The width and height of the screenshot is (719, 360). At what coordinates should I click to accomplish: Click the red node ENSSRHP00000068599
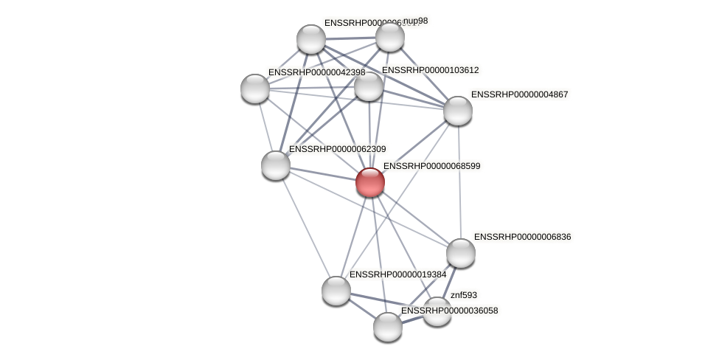pyautogui.click(x=369, y=182)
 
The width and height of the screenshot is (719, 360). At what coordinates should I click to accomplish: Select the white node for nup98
pyautogui.click(x=389, y=37)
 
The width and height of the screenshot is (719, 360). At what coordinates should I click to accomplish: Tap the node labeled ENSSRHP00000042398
pyautogui.click(x=255, y=89)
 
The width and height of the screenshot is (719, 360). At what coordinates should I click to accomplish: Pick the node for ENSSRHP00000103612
pyautogui.click(x=369, y=86)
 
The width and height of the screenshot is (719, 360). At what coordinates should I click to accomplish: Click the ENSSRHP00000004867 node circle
pyautogui.click(x=457, y=111)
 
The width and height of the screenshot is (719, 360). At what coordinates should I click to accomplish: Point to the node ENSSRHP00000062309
pyautogui.click(x=276, y=165)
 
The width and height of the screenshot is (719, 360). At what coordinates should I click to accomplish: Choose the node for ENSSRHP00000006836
pyautogui.click(x=461, y=253)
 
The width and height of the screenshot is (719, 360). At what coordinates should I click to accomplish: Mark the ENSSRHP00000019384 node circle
pyautogui.click(x=336, y=290)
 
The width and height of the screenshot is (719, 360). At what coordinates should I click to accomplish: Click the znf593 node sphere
pyautogui.click(x=437, y=311)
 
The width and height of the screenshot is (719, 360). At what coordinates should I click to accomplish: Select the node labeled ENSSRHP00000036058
pyautogui.click(x=387, y=326)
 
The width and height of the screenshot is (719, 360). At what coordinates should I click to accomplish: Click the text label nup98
pyautogui.click(x=416, y=21)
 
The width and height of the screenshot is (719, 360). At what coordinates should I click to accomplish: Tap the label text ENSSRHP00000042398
pyautogui.click(x=316, y=72)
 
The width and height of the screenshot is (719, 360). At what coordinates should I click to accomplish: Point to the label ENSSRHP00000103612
pyautogui.click(x=430, y=70)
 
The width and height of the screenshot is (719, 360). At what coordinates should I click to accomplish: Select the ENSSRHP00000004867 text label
pyautogui.click(x=519, y=94)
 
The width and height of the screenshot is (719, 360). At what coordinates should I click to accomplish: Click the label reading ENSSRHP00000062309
pyautogui.click(x=337, y=149)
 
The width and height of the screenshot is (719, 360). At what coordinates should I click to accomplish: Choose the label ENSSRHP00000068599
pyautogui.click(x=431, y=166)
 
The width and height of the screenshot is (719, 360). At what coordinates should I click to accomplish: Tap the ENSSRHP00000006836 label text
pyautogui.click(x=522, y=237)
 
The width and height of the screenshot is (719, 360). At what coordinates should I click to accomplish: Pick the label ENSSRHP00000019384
pyautogui.click(x=397, y=274)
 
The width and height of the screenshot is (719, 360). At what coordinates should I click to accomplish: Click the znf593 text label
pyautogui.click(x=464, y=295)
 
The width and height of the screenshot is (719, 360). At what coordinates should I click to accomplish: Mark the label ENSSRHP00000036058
pyautogui.click(x=449, y=311)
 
